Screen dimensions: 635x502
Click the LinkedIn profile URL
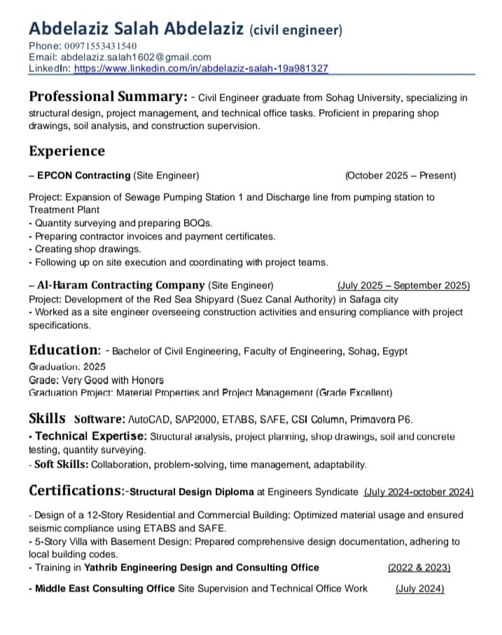pyautogui.click(x=201, y=69)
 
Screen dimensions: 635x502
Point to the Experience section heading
pyautogui.click(x=67, y=151)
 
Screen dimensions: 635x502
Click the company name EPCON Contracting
pyautogui.click(x=83, y=175)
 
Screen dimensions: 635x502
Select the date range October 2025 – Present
pyautogui.click(x=400, y=175)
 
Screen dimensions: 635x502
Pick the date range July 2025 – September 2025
pyautogui.click(x=403, y=285)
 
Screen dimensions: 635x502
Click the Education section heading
pyautogui.click(x=64, y=349)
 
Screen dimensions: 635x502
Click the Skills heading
pyautogui.click(x=47, y=419)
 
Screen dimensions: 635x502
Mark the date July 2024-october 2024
pyautogui.click(x=419, y=491)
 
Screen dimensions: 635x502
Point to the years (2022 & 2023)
pyautogui.click(x=419, y=567)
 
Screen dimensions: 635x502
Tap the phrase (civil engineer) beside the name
pyautogui.click(x=296, y=30)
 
